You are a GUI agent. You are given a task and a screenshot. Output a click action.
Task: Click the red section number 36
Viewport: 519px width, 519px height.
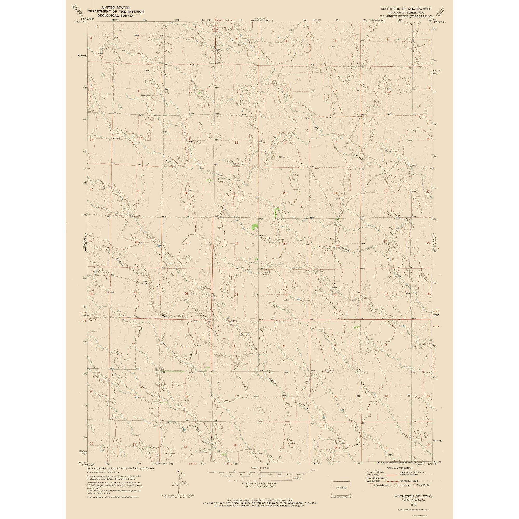click(186, 293)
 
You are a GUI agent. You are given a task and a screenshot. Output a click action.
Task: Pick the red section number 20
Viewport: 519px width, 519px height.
click(285, 193)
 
